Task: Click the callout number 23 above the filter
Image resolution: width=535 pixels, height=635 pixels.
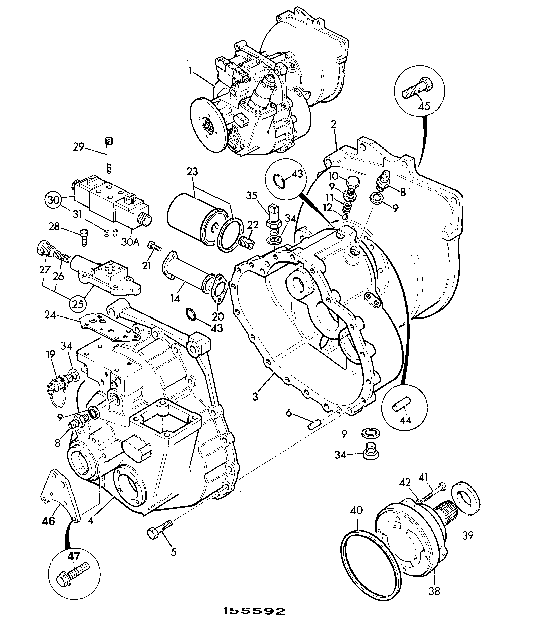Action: click(x=192, y=172)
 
